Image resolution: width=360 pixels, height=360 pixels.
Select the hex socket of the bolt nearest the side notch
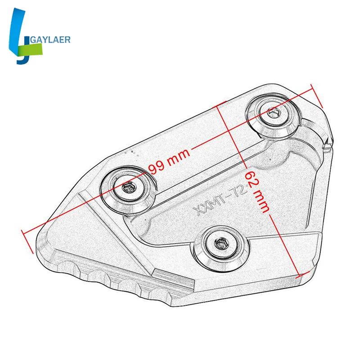(273, 113)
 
